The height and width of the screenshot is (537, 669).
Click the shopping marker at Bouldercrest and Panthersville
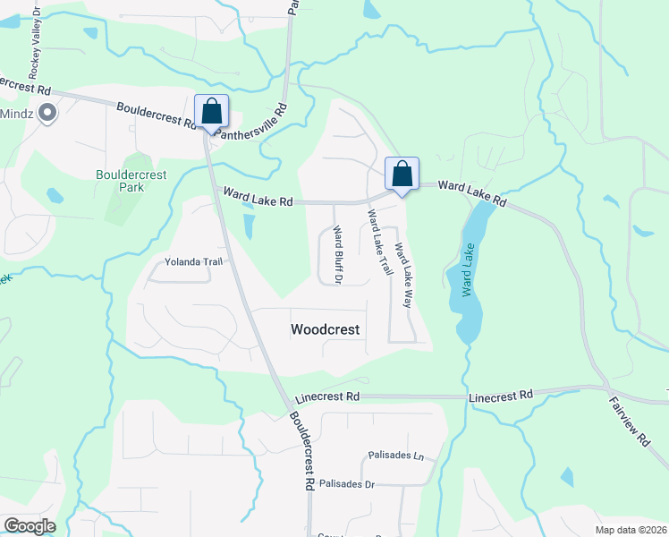pyautogui.click(x=211, y=112)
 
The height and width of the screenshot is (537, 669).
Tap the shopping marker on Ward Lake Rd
pyautogui.click(x=402, y=174)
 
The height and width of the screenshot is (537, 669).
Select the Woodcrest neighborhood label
pyautogui.click(x=326, y=329)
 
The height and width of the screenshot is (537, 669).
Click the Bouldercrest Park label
pyautogui.click(x=120, y=182)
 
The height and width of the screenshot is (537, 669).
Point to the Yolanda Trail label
pyautogui.click(x=192, y=262)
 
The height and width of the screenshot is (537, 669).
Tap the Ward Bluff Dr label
pyautogui.click(x=338, y=255)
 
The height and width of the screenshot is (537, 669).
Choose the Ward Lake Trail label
pyautogui.click(x=380, y=242)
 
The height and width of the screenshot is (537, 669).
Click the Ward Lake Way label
pyautogui.click(x=403, y=276)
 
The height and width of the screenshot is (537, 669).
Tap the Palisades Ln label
pyautogui.click(x=394, y=456)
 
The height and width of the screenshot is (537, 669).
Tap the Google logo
pyautogui.click(x=30, y=526)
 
